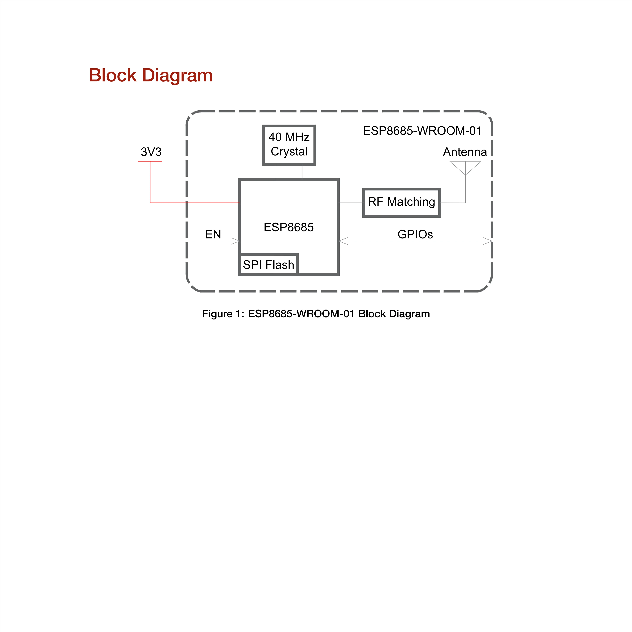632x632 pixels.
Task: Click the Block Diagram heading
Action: pyautogui.click(x=151, y=76)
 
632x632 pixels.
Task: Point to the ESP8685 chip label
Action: pyautogui.click(x=289, y=227)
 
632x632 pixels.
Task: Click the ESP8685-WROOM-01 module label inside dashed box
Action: pyautogui.click(x=422, y=131)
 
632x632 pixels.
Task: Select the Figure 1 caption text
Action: pyautogui.click(x=316, y=314)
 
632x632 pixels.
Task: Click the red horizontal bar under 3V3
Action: pyautogui.click(x=150, y=161)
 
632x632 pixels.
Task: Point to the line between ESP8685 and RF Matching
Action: pyautogui.click(x=351, y=203)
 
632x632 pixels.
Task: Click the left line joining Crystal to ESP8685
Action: pyautogui.click(x=276, y=172)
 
